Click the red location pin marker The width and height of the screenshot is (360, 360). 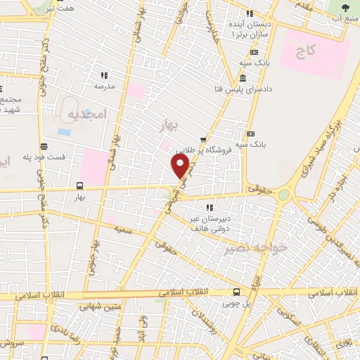[x=181, y=166]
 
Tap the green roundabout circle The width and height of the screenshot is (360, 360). [x=283, y=195]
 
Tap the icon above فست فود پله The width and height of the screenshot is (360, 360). [x=44, y=147]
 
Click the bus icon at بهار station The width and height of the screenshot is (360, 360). [x=79, y=187]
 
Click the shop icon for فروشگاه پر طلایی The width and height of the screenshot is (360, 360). [x=203, y=140]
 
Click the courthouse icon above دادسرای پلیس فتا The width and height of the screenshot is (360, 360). [x=243, y=77]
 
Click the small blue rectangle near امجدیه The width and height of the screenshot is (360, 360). [x=64, y=131]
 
